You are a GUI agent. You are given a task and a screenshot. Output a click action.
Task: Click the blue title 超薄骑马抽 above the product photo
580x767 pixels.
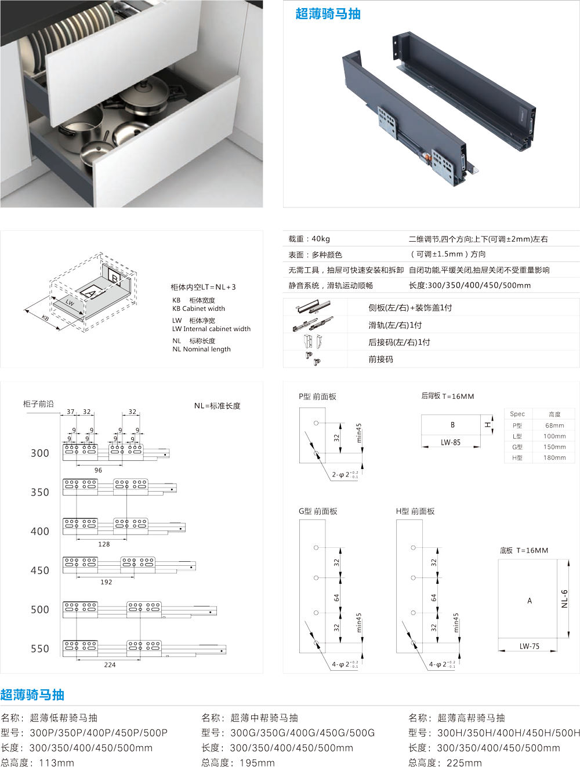pos(328,14)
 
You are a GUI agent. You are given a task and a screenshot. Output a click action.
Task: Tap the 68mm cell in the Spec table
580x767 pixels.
pos(554,425)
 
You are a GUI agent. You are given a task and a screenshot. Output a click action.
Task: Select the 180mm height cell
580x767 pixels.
pos(554,457)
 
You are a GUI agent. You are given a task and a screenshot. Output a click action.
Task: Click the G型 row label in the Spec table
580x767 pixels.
pos(517,447)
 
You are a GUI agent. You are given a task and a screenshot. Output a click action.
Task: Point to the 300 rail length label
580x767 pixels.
pos(40,453)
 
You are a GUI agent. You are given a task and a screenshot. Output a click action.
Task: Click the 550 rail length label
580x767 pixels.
pos(40,649)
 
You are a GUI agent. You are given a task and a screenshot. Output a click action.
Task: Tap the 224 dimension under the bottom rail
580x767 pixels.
pos(110,665)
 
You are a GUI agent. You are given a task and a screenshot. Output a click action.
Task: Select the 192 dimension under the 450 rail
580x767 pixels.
pos(106,582)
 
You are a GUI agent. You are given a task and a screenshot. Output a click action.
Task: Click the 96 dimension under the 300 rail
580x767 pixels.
pos(98,470)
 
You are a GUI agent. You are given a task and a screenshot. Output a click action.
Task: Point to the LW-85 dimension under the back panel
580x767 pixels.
pos(451,442)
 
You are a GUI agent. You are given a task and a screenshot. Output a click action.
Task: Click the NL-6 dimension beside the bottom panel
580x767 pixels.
pos(564,599)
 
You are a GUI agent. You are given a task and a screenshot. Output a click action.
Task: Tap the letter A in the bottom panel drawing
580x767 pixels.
pos(530,601)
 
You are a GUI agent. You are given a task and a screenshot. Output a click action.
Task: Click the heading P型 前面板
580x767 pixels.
pos(317,397)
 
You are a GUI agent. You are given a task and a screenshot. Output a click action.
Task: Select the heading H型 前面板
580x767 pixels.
pos(415,511)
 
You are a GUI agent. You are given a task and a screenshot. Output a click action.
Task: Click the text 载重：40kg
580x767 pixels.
pos(309,239)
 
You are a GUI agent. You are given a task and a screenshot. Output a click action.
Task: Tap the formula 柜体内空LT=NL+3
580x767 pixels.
pos(203,287)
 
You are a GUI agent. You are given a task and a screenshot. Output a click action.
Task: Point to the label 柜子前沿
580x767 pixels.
pos(38,404)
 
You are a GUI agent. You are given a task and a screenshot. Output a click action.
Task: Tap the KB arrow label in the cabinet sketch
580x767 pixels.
pos(45,318)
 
